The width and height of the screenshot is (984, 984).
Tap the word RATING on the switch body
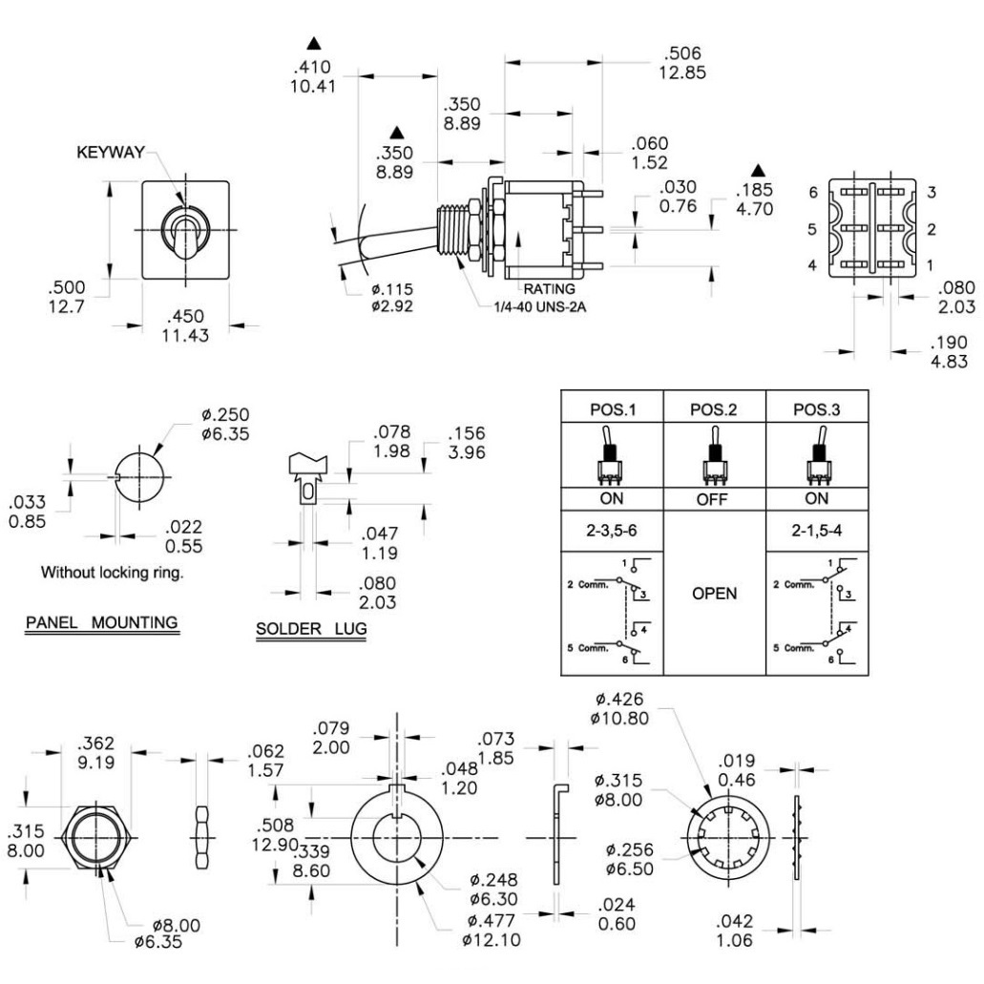[547, 287]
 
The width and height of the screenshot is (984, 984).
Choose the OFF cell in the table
[714, 498]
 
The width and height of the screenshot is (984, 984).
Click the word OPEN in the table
[714, 593]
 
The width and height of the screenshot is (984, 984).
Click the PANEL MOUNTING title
[101, 622]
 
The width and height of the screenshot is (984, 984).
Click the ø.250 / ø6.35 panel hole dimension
[225, 425]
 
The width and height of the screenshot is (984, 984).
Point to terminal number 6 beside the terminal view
[813, 192]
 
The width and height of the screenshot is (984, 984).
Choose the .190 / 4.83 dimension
[953, 351]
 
